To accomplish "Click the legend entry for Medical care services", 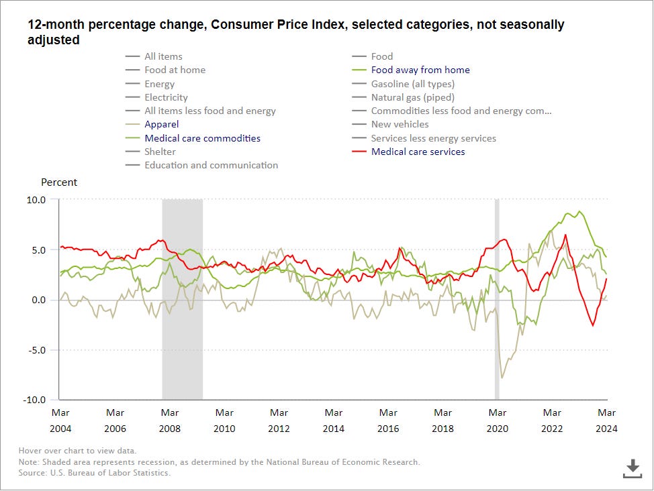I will coord(418,152).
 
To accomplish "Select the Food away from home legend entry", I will coord(420,70).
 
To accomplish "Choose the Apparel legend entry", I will coord(162,124).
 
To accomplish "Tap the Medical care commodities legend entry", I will coord(202,138).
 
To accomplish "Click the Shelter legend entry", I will coord(160,152).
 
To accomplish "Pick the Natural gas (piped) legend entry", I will coord(412,97).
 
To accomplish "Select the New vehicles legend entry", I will coord(400,124).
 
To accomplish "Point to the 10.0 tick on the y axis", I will coord(36,200).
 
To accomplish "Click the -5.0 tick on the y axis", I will coord(36,350).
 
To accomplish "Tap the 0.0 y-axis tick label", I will coord(38,300).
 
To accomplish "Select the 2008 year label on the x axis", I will coord(169,429).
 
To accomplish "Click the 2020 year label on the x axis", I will coord(497,429).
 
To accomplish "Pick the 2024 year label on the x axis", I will coord(606,429).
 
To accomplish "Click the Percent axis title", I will coord(59,182).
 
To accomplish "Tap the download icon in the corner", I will coord(632,468).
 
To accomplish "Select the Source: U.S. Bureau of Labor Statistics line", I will coord(95,473).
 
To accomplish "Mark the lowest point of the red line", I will coord(593,326).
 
